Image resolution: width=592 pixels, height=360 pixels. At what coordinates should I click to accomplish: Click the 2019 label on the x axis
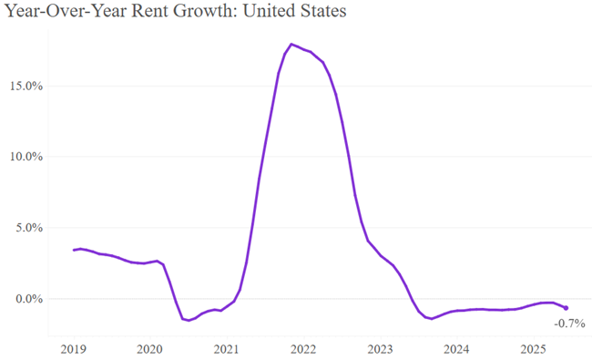[x=73, y=348]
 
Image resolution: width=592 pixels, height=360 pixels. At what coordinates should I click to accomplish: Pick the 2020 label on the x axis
[x=149, y=348]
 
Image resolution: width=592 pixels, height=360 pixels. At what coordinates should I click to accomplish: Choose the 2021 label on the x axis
[x=226, y=348]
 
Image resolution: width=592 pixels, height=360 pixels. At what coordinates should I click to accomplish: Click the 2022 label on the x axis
[x=303, y=348]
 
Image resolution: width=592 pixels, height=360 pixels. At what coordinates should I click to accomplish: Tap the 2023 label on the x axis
[x=380, y=348]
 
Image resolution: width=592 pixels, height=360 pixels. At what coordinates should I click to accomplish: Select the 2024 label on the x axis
[x=456, y=348]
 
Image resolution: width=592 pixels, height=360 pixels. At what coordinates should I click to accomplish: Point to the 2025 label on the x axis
[x=533, y=348]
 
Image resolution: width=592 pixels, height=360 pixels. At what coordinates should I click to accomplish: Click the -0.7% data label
[x=569, y=324]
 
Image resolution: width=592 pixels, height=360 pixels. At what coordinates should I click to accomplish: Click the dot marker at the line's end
[x=566, y=308]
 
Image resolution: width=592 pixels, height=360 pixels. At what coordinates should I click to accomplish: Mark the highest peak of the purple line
[x=291, y=44]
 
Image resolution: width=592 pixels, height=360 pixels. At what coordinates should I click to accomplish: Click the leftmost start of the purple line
[x=74, y=250]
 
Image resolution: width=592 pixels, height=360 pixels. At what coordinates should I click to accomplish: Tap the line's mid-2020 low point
[x=188, y=320]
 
